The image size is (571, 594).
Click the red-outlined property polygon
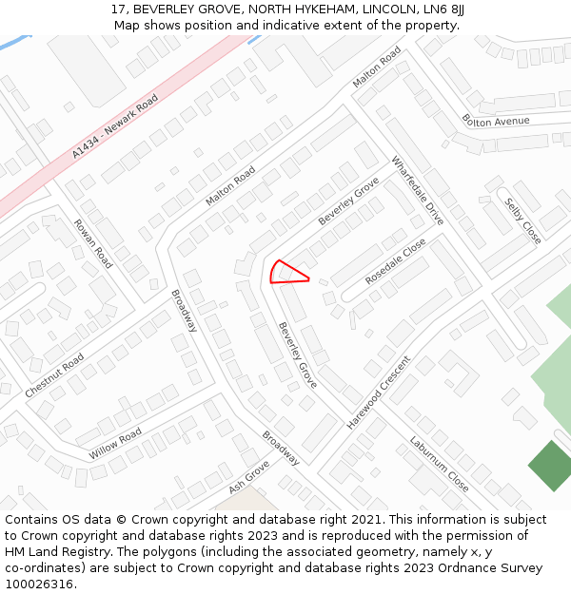point(285,274)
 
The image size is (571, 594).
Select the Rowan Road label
point(93,243)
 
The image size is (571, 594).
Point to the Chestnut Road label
point(54,375)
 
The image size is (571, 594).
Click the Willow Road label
point(115,444)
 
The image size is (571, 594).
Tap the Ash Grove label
point(249,477)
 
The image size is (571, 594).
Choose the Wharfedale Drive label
point(418,190)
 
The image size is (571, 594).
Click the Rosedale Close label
point(396,261)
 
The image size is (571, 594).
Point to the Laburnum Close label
point(439,463)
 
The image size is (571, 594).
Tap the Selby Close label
point(522,220)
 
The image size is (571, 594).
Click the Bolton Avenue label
point(495,121)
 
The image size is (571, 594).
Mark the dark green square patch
point(551,466)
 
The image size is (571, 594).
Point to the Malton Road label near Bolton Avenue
point(377,67)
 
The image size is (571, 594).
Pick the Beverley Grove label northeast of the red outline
point(348,201)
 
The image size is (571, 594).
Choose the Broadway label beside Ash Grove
point(281,448)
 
